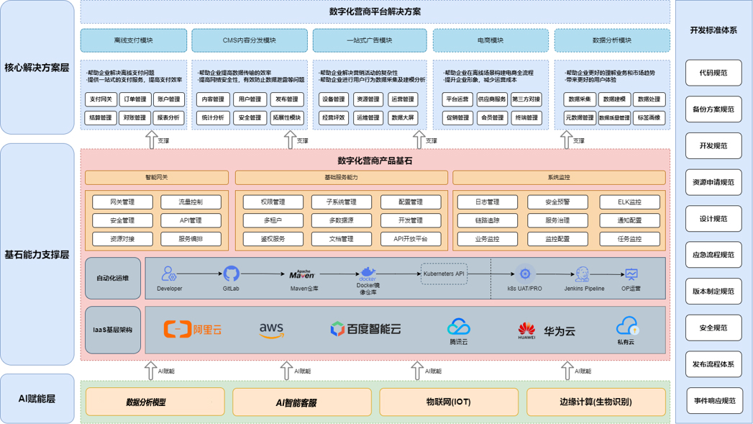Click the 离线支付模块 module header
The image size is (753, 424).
pos(134,40)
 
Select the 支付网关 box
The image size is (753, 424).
pos(100,99)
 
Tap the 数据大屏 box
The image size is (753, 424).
pos(402,117)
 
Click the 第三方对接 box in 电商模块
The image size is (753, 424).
pos(526,99)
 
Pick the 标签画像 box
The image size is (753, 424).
pos(649,117)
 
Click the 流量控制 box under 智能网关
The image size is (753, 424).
pos(191,202)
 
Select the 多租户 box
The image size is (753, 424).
pos(273,220)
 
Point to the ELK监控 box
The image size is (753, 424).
pos(629,202)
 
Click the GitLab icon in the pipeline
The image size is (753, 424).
pos(231,274)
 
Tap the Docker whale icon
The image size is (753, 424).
pos(368,273)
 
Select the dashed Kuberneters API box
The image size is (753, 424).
pos(444,274)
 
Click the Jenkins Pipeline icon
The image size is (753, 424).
pos(583,274)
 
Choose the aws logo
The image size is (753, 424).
pos(272,330)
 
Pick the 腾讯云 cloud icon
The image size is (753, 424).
pos(458,328)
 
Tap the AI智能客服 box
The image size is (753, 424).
pos(302,402)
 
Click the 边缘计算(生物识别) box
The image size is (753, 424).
pos(595,402)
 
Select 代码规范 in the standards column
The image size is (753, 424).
pos(713,73)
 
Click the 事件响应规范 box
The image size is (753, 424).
pos(713,400)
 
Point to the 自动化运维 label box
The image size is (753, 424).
pos(113,278)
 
